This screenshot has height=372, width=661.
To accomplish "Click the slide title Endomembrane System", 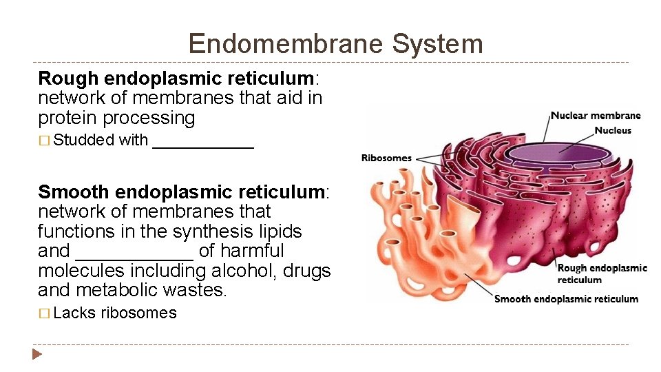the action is click(335, 44).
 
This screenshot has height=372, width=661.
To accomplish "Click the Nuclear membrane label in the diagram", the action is click(595, 116).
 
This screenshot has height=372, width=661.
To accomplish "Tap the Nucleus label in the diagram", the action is click(613, 130).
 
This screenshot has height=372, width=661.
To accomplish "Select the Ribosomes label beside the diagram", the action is click(386, 158).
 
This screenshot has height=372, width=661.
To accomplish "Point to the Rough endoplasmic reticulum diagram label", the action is click(602, 273).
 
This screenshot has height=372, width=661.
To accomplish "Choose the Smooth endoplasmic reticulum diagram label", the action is click(566, 299).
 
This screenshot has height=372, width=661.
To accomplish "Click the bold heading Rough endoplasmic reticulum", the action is click(176, 79).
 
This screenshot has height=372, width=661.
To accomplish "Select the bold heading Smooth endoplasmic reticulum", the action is click(182, 192).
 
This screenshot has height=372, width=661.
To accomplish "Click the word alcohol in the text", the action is click(213, 271).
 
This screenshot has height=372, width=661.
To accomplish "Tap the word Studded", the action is click(83, 140).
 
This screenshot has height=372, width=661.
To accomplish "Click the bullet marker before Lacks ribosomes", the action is click(44, 313).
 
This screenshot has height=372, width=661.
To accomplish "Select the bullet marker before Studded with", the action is click(44, 141).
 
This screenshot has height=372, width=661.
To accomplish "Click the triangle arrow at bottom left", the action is click(38, 355).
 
